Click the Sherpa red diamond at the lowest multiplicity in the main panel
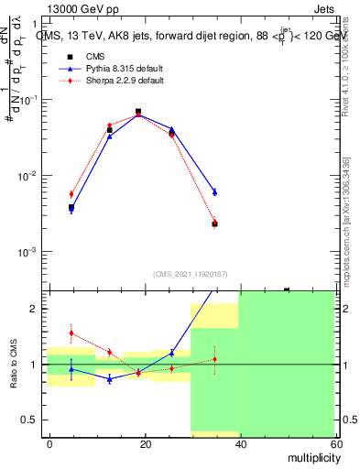(71, 194)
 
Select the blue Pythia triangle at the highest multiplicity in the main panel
(214, 191)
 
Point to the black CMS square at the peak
(138, 112)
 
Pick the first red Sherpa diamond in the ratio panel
(71, 333)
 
